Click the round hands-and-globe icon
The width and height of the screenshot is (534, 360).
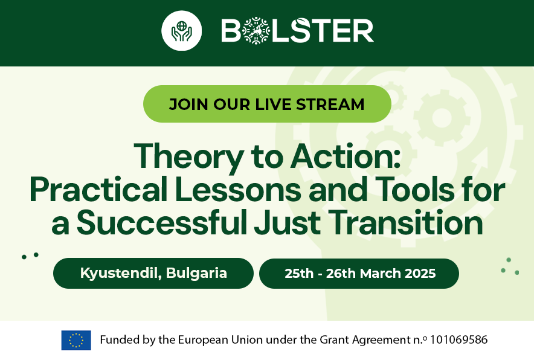pyautogui.click(x=181, y=31)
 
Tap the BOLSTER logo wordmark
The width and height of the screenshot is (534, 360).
pyautogui.click(x=297, y=31)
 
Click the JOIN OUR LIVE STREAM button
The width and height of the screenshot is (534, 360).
pyautogui.click(x=267, y=104)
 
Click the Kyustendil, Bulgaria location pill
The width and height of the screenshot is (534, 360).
pyautogui.click(x=153, y=273)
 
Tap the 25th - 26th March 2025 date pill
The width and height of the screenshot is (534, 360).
pyautogui.click(x=359, y=274)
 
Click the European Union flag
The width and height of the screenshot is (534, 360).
pyautogui.click(x=76, y=340)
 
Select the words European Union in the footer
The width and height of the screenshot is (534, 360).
pyautogui.click(x=217, y=340)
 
